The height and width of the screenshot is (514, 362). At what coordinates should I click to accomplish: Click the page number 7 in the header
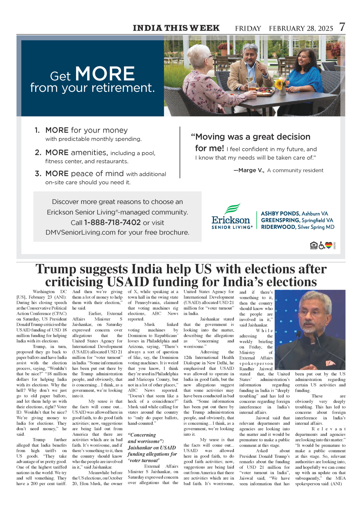pyautogui.click(x=342, y=27)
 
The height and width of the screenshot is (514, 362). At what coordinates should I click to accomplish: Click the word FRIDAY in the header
pyautogui.click(x=248, y=28)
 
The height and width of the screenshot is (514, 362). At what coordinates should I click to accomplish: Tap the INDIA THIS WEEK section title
pyautogui.click(x=176, y=28)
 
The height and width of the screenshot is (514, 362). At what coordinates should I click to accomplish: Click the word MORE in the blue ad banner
pyautogui.click(x=105, y=74)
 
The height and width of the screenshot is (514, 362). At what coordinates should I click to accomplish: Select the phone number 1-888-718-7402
pyautogui.click(x=112, y=223)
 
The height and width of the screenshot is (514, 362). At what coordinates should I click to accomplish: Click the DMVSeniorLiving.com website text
pyautogui.click(x=81, y=232)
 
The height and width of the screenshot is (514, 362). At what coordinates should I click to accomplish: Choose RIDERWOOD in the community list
pyautogui.click(x=278, y=227)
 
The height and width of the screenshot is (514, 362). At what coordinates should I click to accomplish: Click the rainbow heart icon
pyautogui.click(x=329, y=245)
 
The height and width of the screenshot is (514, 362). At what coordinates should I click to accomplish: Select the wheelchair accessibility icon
pyautogui.click(x=321, y=245)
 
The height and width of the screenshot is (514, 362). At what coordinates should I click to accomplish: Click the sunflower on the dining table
pyautogui.click(x=279, y=84)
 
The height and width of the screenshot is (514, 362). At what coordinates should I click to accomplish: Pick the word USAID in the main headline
pyautogui.click(x=128, y=282)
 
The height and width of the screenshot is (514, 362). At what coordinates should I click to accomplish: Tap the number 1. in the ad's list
pyautogui.click(x=37, y=131)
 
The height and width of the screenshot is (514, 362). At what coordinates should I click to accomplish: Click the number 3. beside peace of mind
pyautogui.click(x=38, y=174)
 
